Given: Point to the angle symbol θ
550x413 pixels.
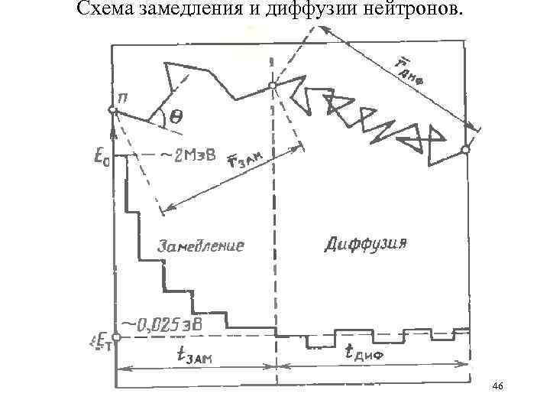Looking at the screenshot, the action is pos(176,117).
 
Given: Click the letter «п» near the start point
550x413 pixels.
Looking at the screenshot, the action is pos(122,95).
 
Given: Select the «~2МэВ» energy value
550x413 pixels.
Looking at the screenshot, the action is pos(187,156).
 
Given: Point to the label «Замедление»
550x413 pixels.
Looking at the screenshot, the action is pos(200,246).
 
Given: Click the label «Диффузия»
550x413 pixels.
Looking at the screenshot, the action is pos(365,244).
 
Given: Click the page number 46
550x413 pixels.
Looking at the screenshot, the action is pos(498,387).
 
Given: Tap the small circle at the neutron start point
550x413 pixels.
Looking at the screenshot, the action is pos(112,110).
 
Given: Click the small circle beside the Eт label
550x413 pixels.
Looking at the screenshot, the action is pos(116,337).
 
